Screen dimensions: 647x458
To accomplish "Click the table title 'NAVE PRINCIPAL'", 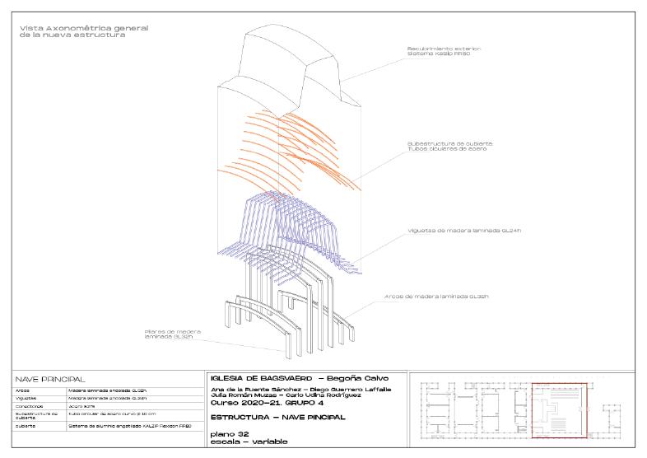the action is pyautogui.click(x=50, y=379).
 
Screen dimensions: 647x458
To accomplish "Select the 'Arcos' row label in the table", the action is pyautogui.click(x=23, y=390).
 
